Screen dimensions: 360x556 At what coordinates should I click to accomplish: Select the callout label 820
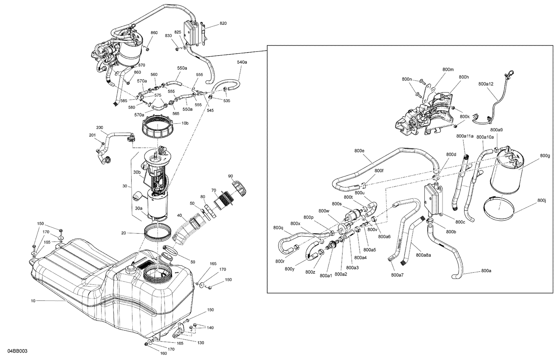(x=223, y=23)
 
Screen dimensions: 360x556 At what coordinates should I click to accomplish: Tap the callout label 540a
(x=242, y=62)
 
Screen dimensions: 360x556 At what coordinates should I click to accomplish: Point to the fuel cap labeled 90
(x=239, y=187)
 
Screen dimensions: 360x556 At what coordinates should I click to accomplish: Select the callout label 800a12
(x=486, y=84)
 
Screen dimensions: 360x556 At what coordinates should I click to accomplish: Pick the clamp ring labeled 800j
(x=499, y=207)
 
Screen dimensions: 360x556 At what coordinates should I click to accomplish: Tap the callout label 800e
(x=359, y=151)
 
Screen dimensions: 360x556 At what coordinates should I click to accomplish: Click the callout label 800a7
(x=397, y=275)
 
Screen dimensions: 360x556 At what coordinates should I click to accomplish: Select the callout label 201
(x=92, y=135)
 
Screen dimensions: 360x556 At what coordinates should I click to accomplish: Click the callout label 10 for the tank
(x=33, y=301)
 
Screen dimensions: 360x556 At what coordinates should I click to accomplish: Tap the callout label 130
(x=200, y=343)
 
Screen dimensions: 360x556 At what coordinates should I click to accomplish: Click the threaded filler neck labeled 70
(x=223, y=202)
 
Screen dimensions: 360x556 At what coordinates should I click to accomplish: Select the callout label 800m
(x=448, y=69)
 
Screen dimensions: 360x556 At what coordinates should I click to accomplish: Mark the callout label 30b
(x=137, y=172)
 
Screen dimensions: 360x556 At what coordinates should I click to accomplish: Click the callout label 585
(x=123, y=100)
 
